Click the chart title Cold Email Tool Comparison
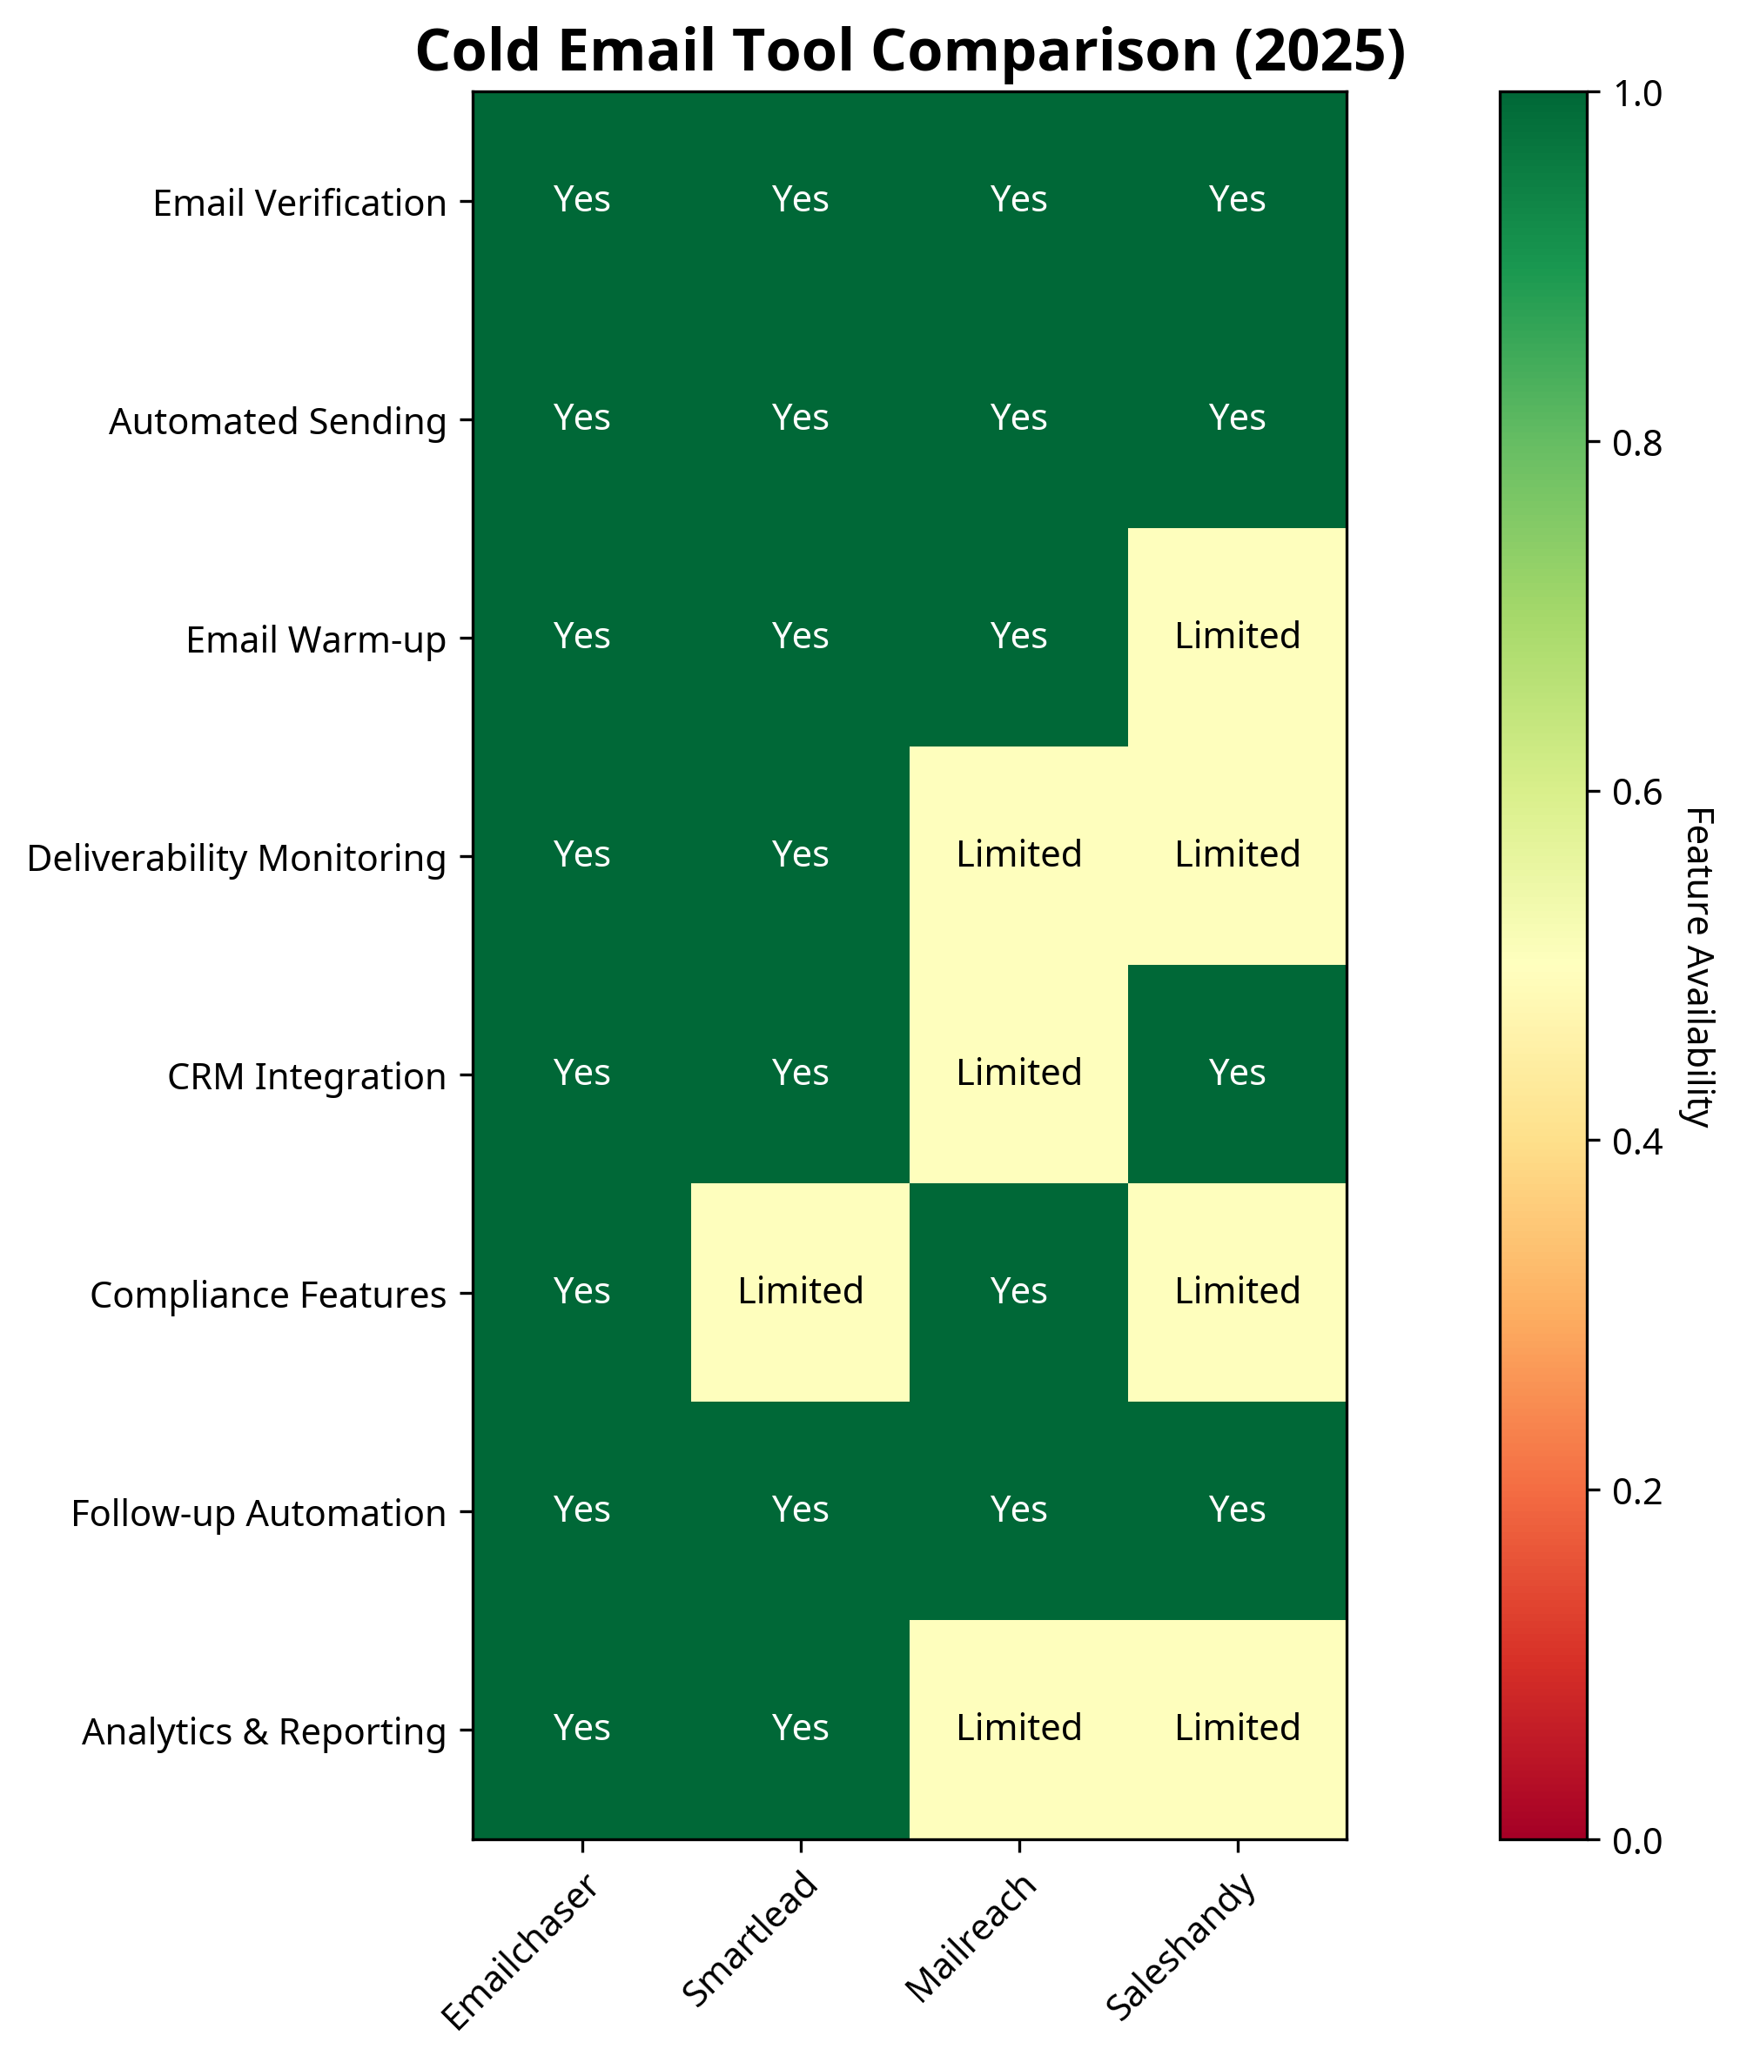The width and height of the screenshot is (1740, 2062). click(x=910, y=51)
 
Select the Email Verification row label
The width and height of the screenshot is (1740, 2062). click(x=299, y=203)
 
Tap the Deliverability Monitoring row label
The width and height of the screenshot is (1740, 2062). click(x=237, y=858)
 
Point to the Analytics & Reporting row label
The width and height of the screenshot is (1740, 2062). click(x=264, y=1731)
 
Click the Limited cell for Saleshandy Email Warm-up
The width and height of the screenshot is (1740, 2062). click(x=1237, y=636)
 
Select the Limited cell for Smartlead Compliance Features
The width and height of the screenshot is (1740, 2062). click(x=800, y=1291)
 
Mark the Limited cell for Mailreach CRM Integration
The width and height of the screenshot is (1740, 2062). click(x=1019, y=1072)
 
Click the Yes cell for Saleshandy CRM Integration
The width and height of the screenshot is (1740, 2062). click(x=1237, y=1072)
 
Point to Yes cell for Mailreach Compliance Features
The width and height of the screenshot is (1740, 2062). click(x=1019, y=1291)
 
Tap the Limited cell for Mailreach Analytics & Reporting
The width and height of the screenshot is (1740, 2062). click(x=1019, y=1728)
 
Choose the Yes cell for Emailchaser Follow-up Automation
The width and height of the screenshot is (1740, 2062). click(x=582, y=1509)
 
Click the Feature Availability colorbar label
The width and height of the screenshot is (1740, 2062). click(x=1698, y=967)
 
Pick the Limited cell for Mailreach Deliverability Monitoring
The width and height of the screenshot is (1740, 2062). click(x=1019, y=854)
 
